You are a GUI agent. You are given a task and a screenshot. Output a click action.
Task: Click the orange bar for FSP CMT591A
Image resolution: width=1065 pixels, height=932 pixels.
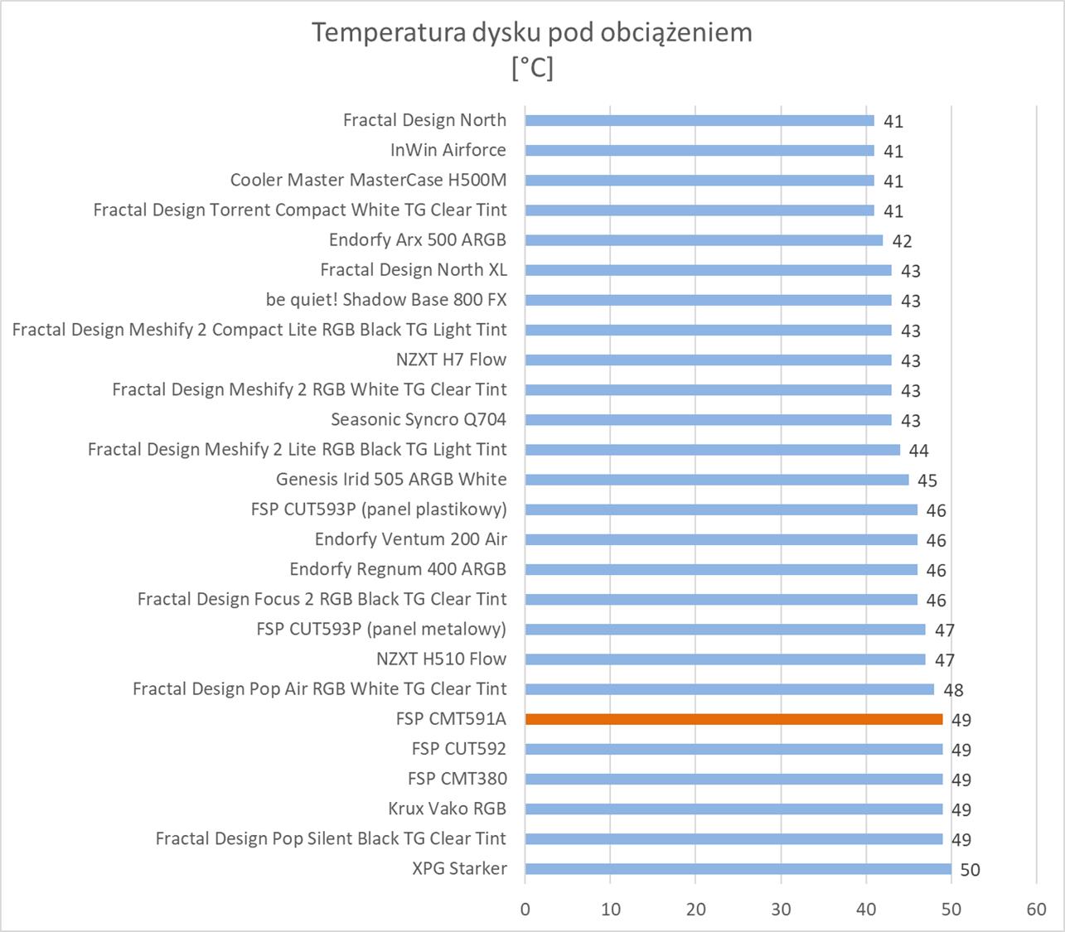[x=733, y=719]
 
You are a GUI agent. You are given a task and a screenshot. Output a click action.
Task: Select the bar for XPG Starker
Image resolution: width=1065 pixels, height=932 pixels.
[x=738, y=869]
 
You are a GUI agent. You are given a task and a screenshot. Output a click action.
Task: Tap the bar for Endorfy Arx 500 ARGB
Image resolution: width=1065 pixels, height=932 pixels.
[x=704, y=240]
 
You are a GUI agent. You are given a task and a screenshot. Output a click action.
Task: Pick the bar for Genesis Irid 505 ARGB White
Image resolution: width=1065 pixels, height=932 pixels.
[x=716, y=480]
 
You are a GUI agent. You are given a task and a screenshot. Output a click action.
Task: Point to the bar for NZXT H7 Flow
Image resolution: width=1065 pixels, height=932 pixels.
[x=708, y=360]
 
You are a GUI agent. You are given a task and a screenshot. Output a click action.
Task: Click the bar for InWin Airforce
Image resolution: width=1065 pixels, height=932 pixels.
[x=700, y=150]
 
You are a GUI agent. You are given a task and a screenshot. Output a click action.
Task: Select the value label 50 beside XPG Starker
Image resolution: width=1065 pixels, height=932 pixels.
[x=970, y=870]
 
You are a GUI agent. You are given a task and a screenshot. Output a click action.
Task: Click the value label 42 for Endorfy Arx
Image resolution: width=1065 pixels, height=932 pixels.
[x=902, y=241]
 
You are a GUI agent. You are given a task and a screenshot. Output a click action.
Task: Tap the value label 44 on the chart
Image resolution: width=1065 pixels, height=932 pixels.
[x=918, y=451]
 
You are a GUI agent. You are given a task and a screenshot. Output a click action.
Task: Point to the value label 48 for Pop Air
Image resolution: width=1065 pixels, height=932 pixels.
[x=953, y=690]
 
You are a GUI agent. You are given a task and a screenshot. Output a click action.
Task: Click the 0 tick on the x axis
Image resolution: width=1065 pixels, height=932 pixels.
[x=525, y=909]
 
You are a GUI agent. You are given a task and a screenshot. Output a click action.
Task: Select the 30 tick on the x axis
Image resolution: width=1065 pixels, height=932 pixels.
[x=781, y=909]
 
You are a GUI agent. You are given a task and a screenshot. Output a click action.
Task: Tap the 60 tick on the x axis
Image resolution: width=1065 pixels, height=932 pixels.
[x=1036, y=909]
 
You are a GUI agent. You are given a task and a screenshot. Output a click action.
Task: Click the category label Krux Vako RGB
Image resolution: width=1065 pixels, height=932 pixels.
[x=447, y=809]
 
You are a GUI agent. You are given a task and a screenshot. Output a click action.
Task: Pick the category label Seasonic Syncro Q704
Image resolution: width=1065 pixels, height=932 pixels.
[x=419, y=419]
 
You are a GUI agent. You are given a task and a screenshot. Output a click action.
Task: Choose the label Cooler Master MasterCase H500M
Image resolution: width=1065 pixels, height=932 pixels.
[x=368, y=180]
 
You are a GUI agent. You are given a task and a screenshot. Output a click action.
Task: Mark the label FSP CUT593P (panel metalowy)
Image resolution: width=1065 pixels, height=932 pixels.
[x=381, y=629]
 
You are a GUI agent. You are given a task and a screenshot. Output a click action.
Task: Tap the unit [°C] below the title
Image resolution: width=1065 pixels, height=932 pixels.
[x=532, y=67]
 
